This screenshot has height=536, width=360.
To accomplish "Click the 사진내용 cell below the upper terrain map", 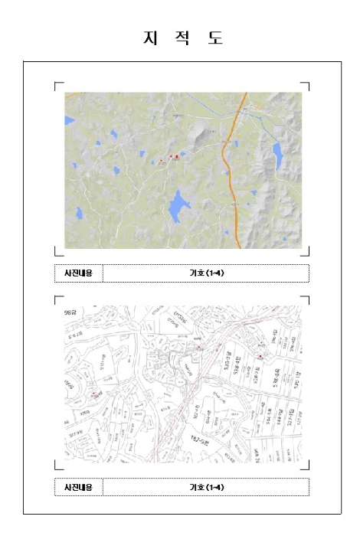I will [78, 273].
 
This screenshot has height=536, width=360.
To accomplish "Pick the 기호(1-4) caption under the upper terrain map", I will [206, 273].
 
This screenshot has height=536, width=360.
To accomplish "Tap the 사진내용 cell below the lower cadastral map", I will [78, 487].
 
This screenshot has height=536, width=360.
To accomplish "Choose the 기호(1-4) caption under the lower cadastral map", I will [206, 487].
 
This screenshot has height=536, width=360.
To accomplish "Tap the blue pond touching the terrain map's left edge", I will [69, 120].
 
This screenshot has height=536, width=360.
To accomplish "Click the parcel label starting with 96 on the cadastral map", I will [73, 313].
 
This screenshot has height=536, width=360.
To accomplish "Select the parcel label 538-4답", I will [227, 364].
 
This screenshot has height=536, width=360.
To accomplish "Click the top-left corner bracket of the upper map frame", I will [56, 85].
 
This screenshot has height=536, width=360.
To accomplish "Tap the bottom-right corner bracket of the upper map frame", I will [307, 253].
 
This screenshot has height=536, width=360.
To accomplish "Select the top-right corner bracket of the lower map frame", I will [307, 298].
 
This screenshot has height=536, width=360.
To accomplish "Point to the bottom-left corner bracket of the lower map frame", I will [56, 466].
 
